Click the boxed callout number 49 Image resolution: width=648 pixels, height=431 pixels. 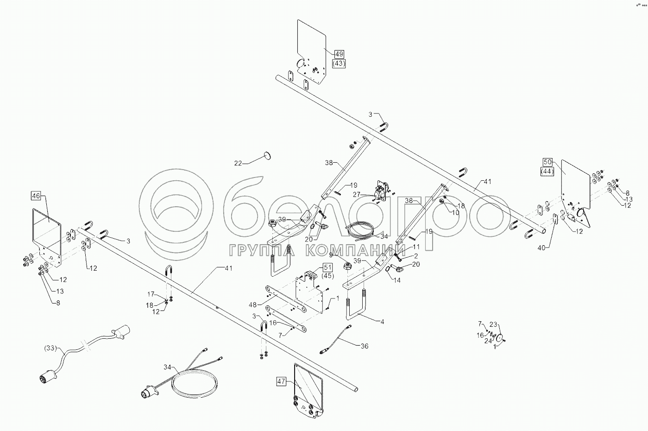pyautogui.click(x=339, y=54)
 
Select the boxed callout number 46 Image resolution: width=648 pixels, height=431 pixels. pyautogui.click(x=36, y=196)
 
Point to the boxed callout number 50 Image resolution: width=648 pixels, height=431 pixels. pyautogui.click(x=548, y=162)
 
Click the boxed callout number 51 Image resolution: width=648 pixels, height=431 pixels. pyautogui.click(x=327, y=267)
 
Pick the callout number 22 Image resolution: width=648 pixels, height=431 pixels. pyautogui.click(x=238, y=163)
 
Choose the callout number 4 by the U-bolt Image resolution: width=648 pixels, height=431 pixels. pyautogui.click(x=382, y=321)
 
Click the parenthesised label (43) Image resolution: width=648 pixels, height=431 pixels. pyautogui.click(x=339, y=63)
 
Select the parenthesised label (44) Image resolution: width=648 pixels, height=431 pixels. pyautogui.click(x=548, y=171)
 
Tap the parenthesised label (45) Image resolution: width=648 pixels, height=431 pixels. pyautogui.click(x=327, y=277)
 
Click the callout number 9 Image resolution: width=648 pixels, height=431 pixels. pyautogui.click(x=331, y=254)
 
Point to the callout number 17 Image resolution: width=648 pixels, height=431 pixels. pyautogui.click(x=151, y=294)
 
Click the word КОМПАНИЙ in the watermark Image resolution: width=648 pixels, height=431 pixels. pyautogui.click(x=357, y=251)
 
